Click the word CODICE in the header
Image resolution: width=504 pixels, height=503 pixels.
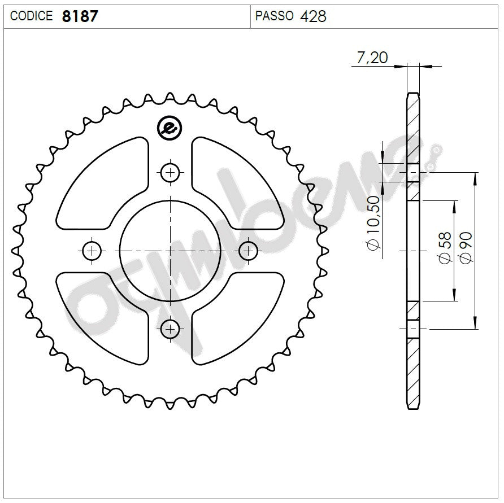(32, 16)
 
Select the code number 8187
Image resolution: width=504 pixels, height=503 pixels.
(80, 16)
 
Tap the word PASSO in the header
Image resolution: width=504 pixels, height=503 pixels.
(275, 16)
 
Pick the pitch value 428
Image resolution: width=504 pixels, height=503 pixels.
(313, 16)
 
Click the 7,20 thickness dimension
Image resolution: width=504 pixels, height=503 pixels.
(372, 58)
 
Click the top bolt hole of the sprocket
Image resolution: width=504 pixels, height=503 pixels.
(170, 172)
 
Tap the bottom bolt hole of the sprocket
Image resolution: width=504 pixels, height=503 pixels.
(170, 328)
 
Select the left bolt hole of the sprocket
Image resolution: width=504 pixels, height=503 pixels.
(92, 250)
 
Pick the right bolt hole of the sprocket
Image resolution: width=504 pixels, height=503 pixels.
(248, 250)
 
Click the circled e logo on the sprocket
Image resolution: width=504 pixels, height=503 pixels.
(170, 128)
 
